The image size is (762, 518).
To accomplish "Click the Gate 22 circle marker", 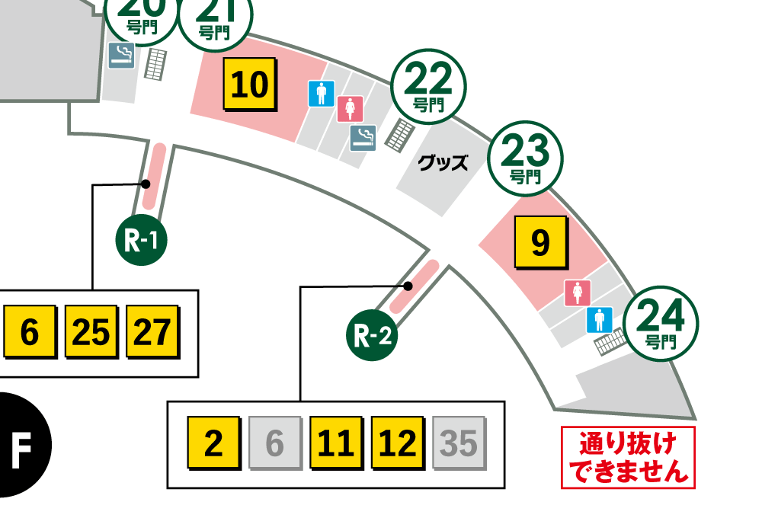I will tap(427, 88).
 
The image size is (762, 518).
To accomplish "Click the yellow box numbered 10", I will tap(249, 85).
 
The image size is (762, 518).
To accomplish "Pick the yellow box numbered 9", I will tap(539, 242).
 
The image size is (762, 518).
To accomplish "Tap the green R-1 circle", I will tap(141, 241).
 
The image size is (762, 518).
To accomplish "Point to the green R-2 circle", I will tap(373, 335).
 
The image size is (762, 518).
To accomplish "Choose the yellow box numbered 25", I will tap(91, 333).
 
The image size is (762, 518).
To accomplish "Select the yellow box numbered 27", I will tap(152, 333).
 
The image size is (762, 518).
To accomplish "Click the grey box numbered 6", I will tap(275, 443).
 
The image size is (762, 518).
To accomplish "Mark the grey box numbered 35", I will tap(459, 443).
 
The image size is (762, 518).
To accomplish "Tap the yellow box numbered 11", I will tap(336, 443).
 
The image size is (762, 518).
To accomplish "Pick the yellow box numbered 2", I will tap(214, 443).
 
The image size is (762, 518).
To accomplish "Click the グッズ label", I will tap(443, 162).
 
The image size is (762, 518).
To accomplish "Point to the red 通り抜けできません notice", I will tap(628, 457).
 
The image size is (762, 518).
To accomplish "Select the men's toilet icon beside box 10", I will tap(321, 94).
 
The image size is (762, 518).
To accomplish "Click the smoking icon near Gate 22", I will tap(363, 137).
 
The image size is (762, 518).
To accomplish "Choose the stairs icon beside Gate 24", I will tap(609, 344).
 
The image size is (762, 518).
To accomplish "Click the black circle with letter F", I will tap(21, 443).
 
